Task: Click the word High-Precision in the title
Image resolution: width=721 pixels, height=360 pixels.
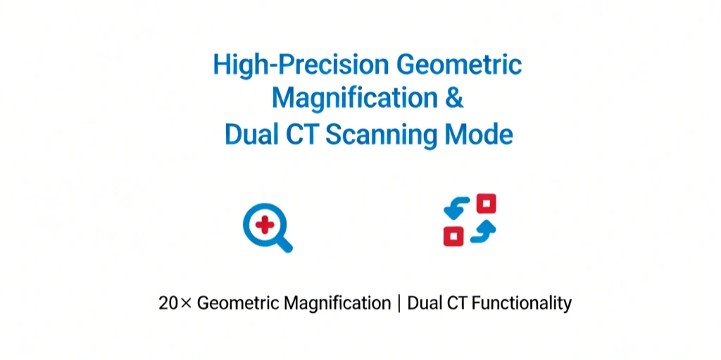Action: (301, 66)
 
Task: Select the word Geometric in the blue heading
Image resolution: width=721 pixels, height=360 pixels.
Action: (459, 66)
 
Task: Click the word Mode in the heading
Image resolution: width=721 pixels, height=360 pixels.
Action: (482, 134)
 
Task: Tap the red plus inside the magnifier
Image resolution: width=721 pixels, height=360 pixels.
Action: (265, 225)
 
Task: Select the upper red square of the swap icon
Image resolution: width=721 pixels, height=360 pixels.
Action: (486, 204)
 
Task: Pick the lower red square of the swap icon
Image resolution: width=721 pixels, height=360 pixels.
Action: (453, 235)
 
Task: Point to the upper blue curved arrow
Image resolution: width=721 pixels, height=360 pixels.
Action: (458, 206)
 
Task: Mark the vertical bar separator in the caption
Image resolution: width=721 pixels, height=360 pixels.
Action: (399, 304)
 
